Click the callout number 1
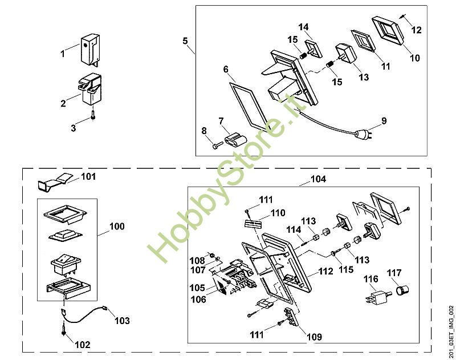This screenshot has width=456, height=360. [x=63, y=54]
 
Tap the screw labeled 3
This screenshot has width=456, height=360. [x=92, y=119]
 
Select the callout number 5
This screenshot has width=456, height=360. [x=185, y=41]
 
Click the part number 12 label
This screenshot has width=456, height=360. [x=417, y=30]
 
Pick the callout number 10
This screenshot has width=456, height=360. [x=414, y=58]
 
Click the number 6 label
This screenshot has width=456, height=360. [x=226, y=70]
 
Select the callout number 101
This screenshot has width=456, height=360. [x=88, y=177]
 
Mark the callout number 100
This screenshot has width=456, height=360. [x=116, y=226]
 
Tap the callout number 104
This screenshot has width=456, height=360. [x=318, y=179]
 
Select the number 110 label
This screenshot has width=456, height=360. [x=278, y=213]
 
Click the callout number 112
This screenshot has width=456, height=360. [x=325, y=272]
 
